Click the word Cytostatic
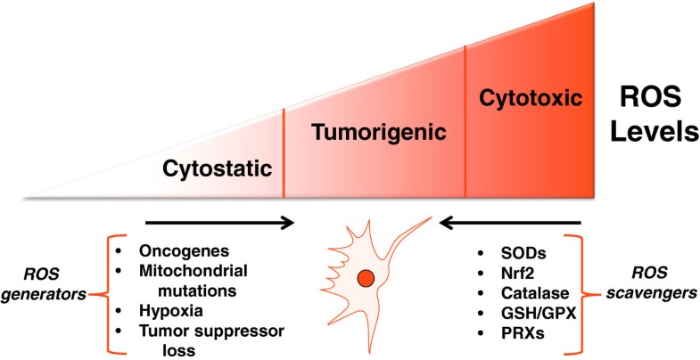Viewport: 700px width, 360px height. (217, 168)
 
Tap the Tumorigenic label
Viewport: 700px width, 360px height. (377, 134)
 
